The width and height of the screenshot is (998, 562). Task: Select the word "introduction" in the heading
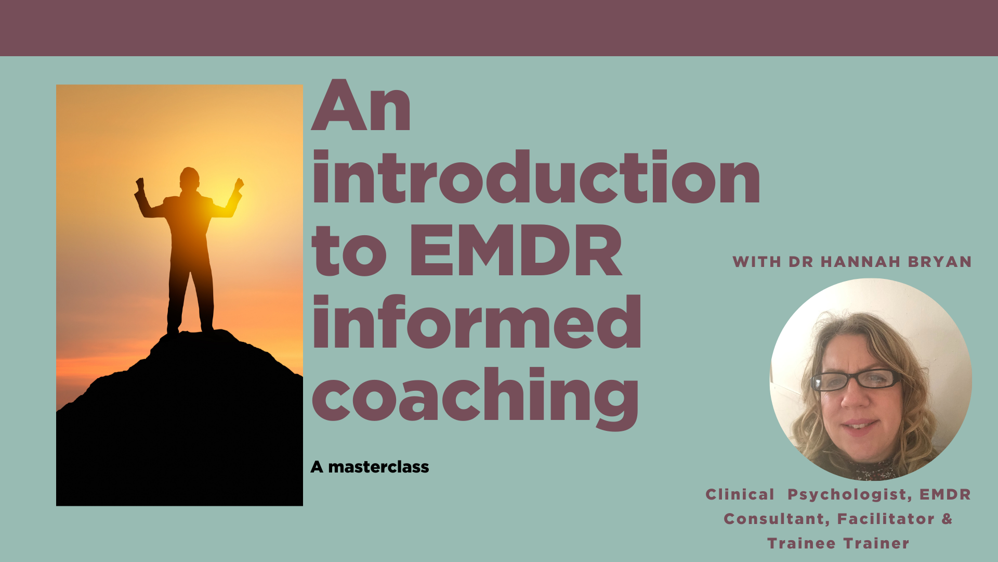[536, 176]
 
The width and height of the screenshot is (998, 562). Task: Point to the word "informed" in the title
[477, 321]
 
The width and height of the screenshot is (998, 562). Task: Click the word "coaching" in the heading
[475, 398]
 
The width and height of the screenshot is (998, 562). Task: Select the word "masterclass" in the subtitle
[378, 467]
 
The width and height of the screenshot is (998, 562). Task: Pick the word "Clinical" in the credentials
[740, 494]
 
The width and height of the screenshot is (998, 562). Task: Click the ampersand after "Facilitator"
[947, 519]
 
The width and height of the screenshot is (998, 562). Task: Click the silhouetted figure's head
[189, 179]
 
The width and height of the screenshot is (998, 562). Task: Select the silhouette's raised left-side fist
[139, 184]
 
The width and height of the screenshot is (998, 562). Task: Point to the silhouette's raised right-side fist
[239, 184]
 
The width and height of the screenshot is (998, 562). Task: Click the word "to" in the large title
[349, 251]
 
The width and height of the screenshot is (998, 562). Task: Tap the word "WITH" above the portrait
[757, 262]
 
